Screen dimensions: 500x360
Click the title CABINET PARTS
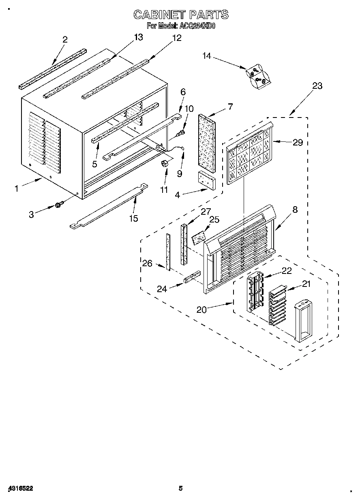pos(181,15)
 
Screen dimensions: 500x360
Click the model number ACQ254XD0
pos(197,26)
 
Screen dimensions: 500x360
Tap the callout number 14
pos(207,56)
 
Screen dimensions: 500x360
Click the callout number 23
pos(317,85)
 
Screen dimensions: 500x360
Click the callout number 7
pos(230,107)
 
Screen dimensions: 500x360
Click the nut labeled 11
pos(165,164)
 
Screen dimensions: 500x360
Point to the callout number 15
pos(133,218)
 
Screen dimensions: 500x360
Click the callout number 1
pos(17,188)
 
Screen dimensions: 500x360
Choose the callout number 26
pos(147,263)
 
